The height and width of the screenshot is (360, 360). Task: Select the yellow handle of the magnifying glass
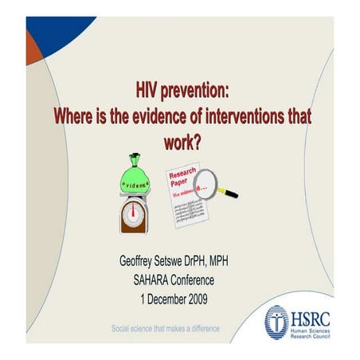point(228,193)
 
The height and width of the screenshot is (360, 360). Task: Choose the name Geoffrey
point(141,262)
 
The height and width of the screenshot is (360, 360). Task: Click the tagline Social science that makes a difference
point(165,328)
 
